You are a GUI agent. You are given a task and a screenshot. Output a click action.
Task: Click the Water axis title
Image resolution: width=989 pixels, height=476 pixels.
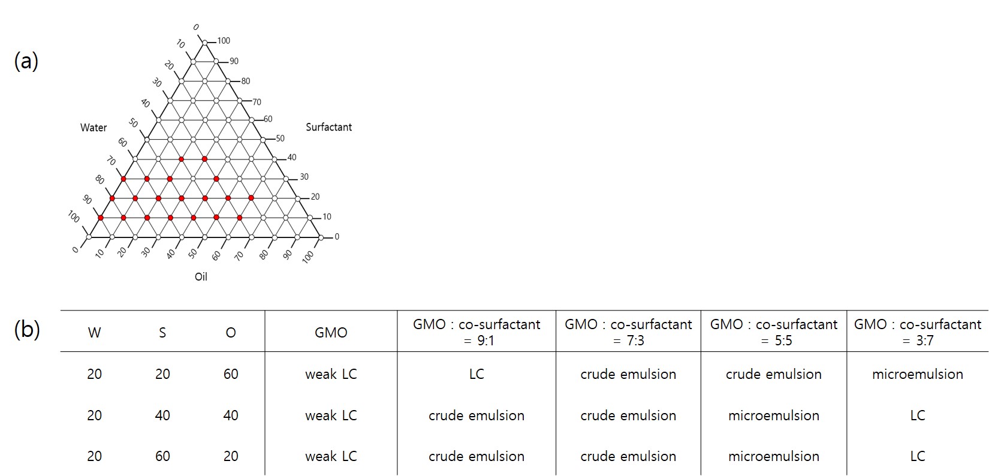[x=94, y=128]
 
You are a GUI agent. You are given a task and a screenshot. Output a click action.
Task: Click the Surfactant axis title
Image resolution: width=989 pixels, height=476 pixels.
[x=329, y=127]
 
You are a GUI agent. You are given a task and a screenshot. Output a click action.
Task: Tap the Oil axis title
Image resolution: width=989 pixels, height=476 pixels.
[x=201, y=277]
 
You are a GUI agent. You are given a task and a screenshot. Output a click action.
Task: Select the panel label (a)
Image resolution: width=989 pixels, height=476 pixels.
[x=26, y=61]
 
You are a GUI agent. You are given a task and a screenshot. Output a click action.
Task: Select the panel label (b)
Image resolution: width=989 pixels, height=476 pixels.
[x=27, y=330]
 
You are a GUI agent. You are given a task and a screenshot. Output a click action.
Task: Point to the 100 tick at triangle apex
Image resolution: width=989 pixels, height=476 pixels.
[x=224, y=41]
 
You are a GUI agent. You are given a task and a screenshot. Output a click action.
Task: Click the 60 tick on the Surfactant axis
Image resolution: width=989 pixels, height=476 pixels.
[x=268, y=119]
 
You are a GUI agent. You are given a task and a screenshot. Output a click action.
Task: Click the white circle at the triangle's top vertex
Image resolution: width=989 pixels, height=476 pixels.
[x=205, y=43]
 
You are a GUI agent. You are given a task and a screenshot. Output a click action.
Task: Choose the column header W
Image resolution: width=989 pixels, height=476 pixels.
[x=94, y=333]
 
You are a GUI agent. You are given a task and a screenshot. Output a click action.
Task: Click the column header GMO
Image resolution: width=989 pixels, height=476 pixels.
[x=331, y=333]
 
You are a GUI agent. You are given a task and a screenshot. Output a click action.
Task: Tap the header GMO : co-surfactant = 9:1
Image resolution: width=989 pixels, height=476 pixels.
[x=477, y=333]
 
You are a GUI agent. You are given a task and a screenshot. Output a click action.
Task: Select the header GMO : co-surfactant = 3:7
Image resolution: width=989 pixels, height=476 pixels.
[x=918, y=333]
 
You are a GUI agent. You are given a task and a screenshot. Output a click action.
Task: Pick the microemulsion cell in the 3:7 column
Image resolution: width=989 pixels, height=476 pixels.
[x=918, y=374]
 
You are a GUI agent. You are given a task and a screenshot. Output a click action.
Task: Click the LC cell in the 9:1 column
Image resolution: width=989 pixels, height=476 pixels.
[x=477, y=374]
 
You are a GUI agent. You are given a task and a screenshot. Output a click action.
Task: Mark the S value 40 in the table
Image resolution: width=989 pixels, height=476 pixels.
[x=162, y=415]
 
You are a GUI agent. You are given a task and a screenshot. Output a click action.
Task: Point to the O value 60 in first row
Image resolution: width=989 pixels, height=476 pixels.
[x=231, y=374]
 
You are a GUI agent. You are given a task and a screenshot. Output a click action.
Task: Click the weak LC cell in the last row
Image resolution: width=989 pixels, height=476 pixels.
[x=331, y=456]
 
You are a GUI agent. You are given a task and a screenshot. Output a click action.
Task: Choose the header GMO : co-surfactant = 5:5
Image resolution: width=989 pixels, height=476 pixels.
[x=774, y=333]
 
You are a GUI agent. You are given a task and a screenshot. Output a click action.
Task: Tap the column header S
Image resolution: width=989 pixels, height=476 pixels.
[x=162, y=333]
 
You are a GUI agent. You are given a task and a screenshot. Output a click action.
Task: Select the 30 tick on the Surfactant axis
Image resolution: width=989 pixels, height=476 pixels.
[x=304, y=177]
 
